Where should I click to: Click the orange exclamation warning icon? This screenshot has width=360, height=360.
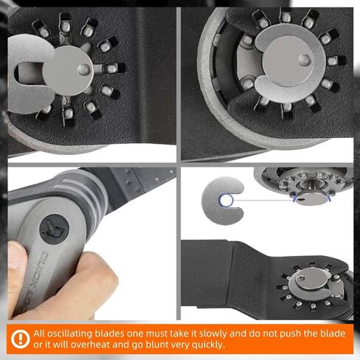(x=20, y=339)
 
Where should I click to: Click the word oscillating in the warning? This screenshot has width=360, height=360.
(x=70, y=333)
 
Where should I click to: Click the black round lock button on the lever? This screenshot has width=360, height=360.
(x=55, y=229)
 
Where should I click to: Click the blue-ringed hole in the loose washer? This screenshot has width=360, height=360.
(x=226, y=201)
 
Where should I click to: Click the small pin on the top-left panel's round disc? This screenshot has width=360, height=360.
(x=84, y=69)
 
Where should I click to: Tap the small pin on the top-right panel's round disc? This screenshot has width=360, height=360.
(x=305, y=60)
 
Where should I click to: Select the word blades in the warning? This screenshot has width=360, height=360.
(x=109, y=333)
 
